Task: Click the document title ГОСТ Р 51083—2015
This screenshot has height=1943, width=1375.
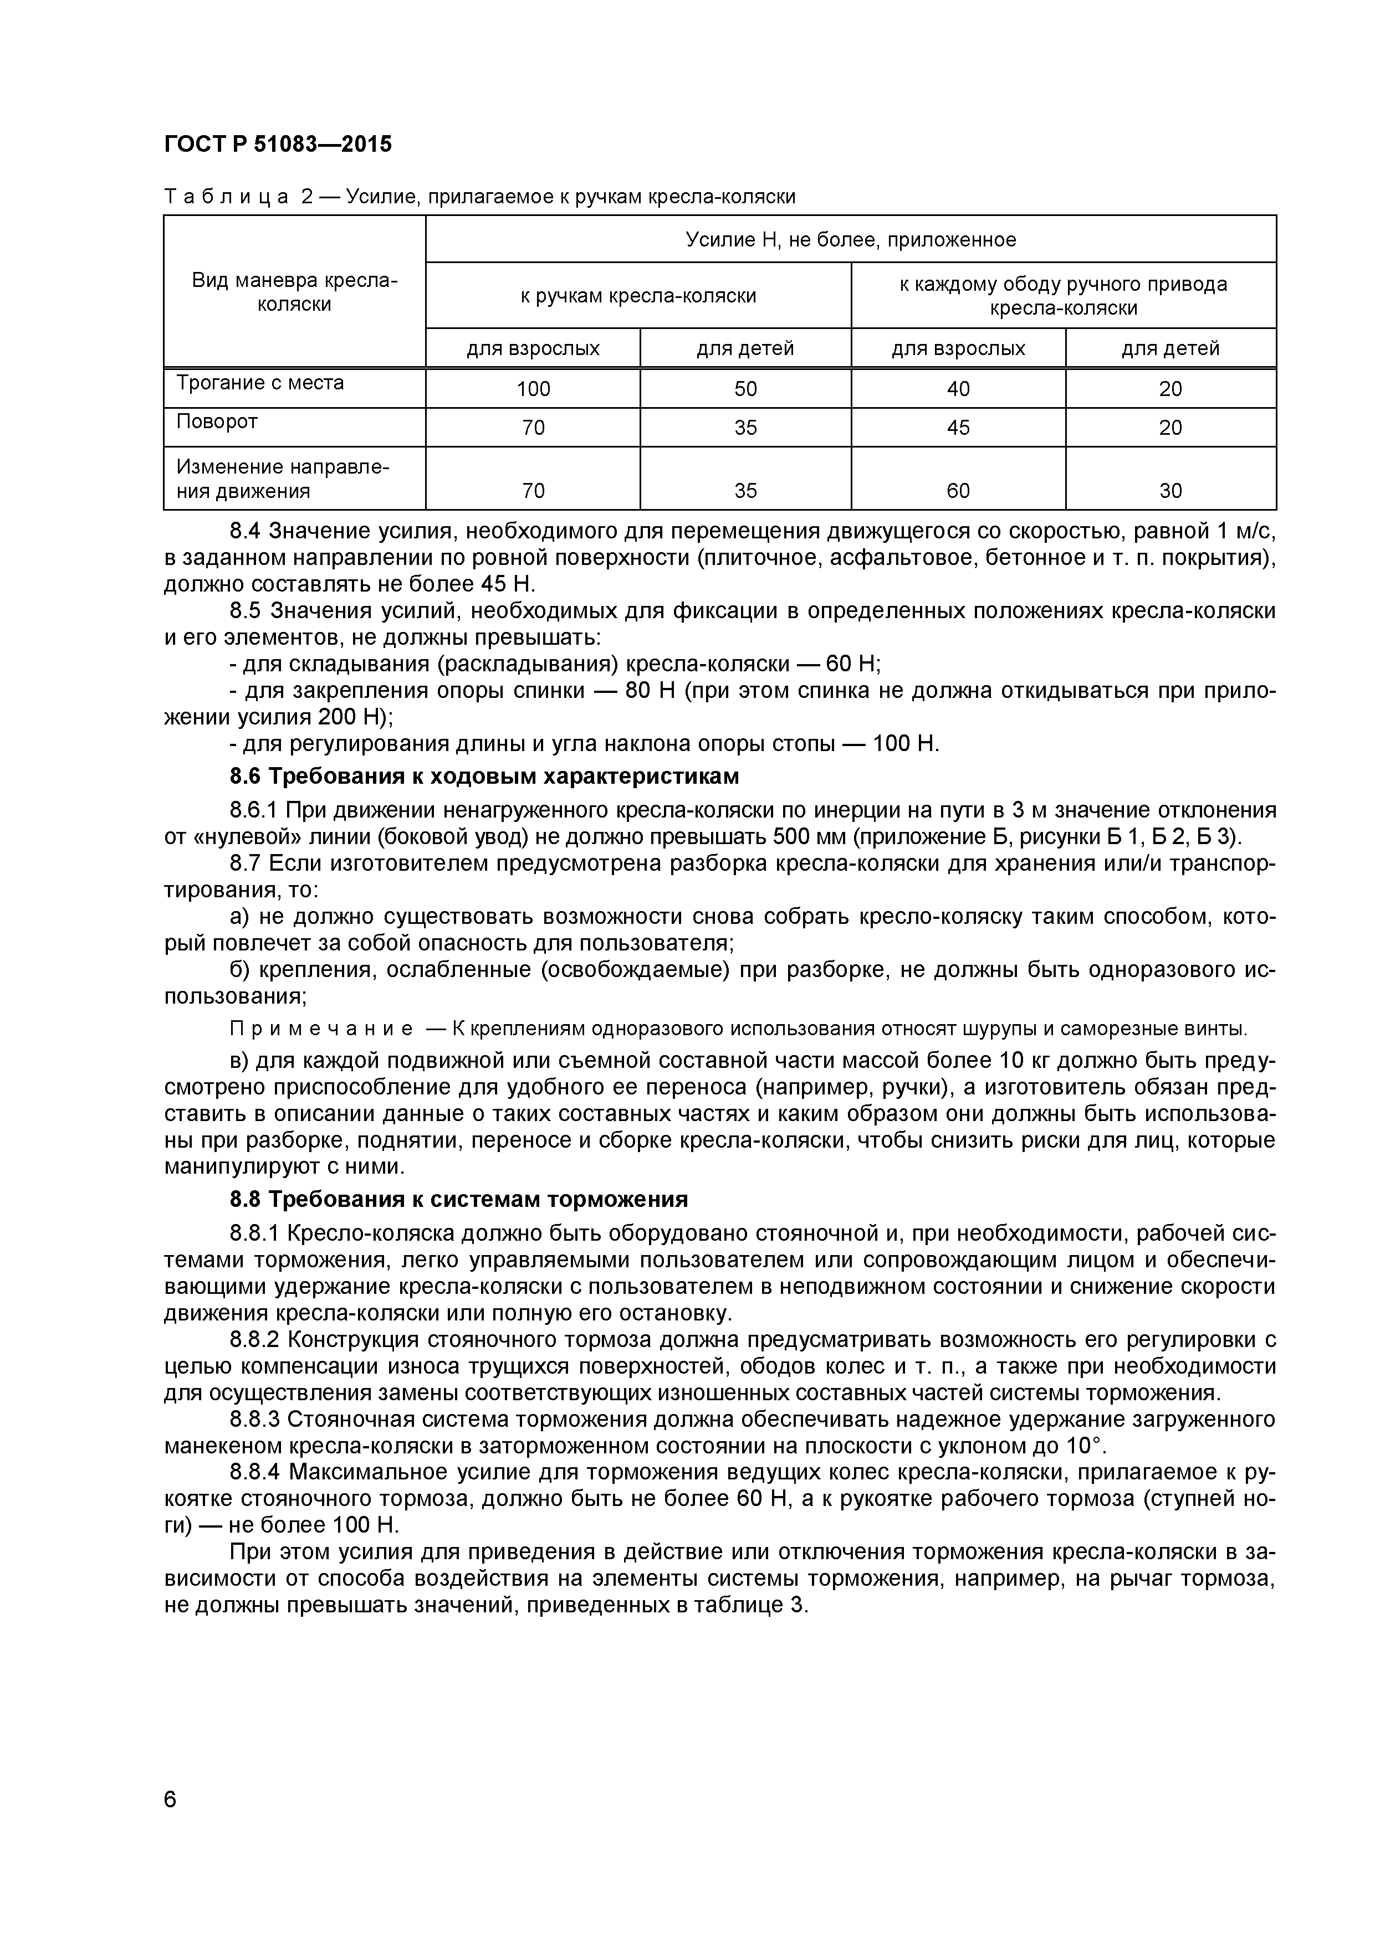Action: point(278,145)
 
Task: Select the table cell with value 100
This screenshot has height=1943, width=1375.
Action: point(533,388)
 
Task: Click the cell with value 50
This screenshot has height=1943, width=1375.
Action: point(745,388)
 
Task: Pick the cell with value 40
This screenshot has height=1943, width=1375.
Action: point(958,388)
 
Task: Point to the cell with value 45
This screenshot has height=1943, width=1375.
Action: point(958,428)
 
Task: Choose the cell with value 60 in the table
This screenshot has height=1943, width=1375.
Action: point(958,490)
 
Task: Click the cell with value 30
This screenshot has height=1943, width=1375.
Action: point(1170,490)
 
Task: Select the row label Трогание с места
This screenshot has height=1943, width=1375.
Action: point(260,383)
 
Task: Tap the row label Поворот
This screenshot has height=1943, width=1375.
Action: point(217,422)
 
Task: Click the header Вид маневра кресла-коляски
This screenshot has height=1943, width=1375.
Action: point(294,292)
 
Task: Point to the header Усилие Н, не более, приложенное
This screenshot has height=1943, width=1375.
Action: point(850,239)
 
